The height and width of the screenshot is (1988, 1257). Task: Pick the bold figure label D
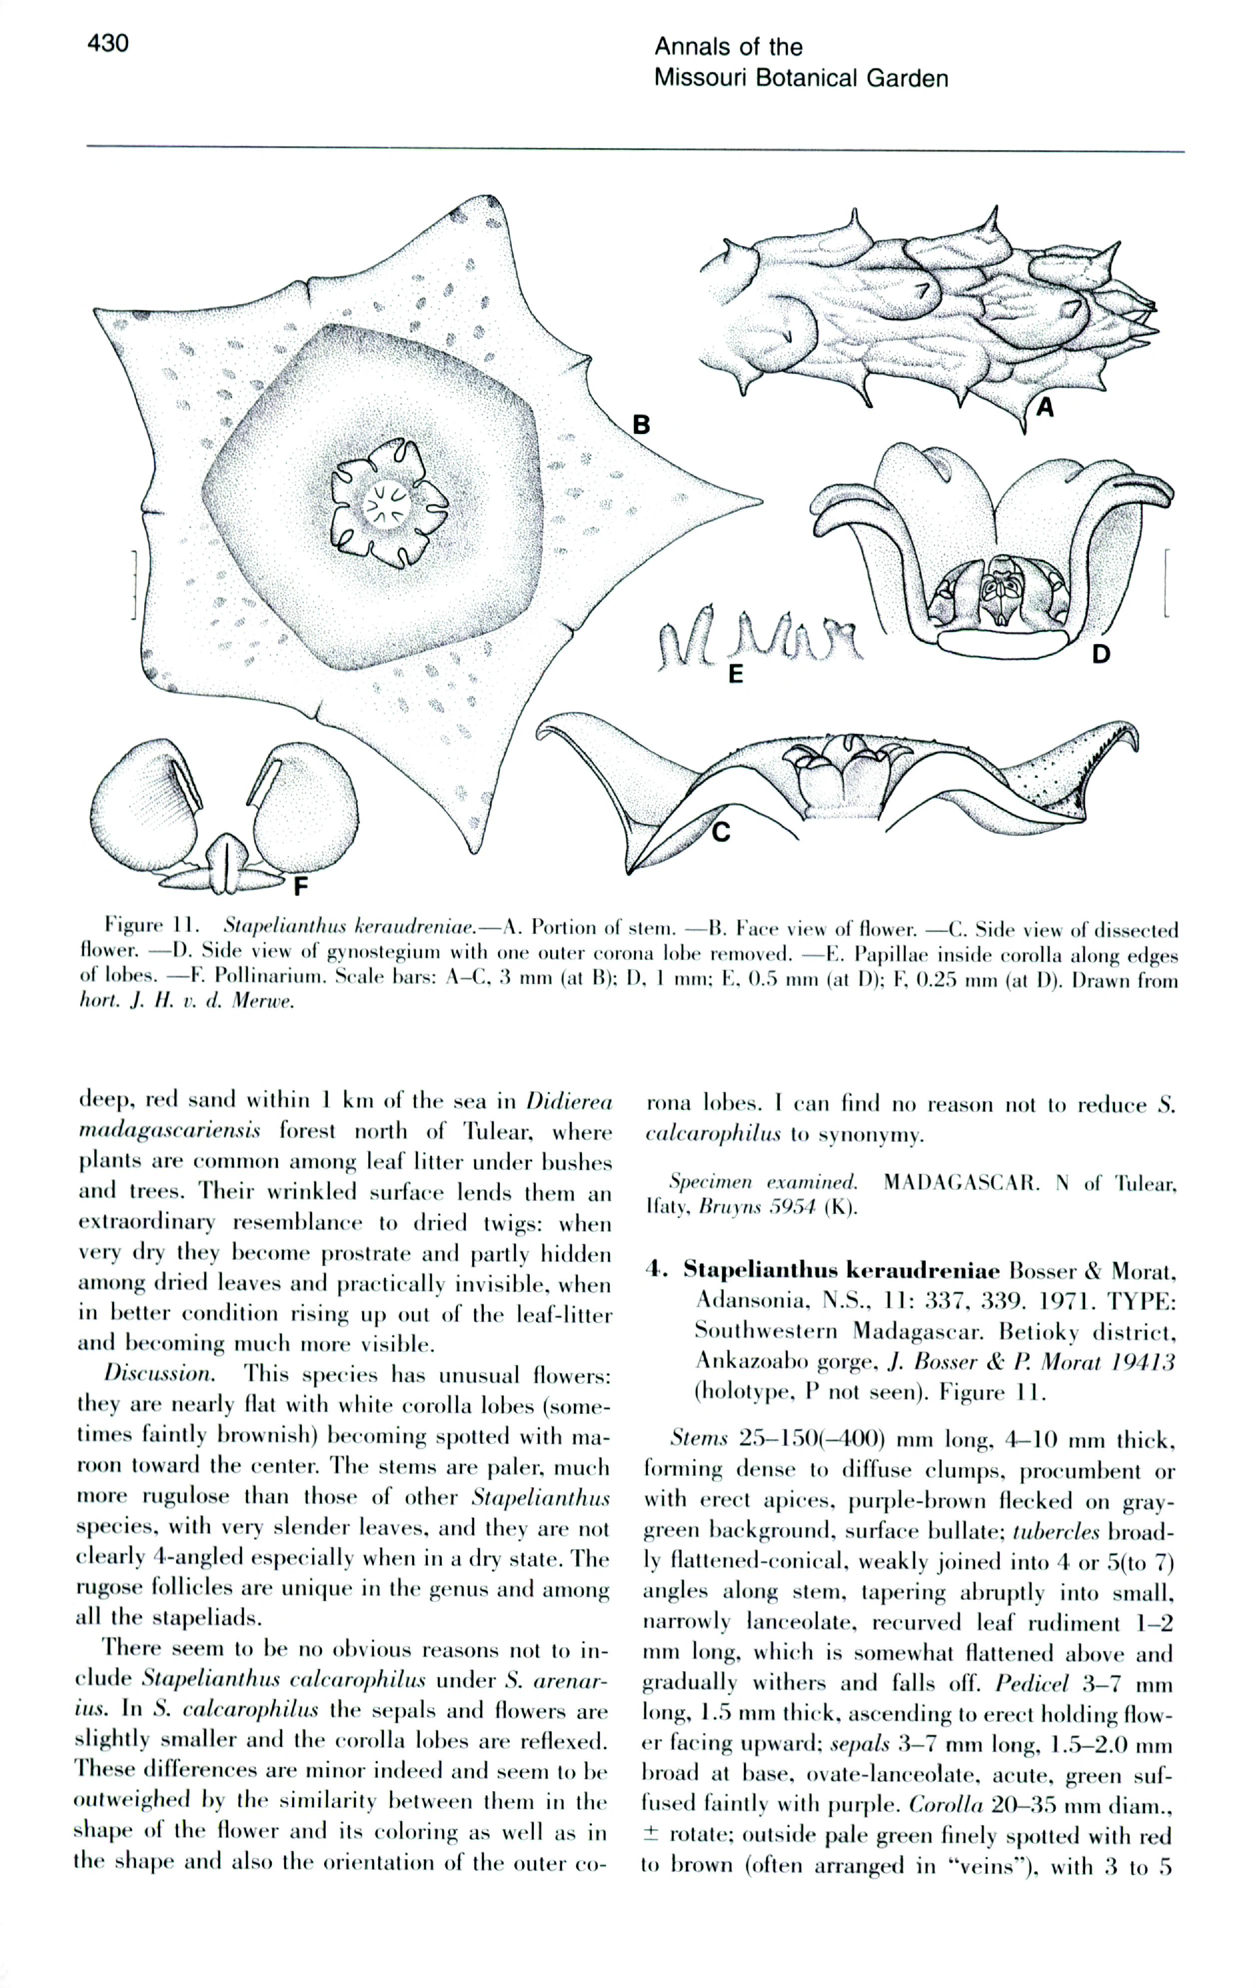click(1101, 655)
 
